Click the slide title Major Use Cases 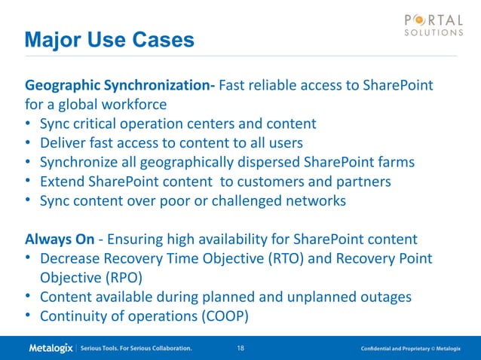109,38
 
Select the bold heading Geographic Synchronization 121,85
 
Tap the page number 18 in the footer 241,349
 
